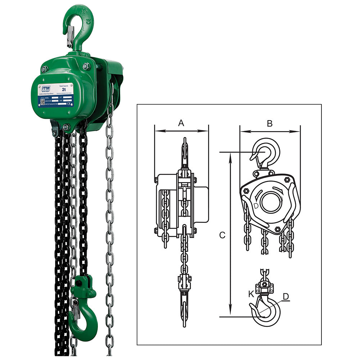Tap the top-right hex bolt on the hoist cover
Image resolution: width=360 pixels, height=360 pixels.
coord(86,66)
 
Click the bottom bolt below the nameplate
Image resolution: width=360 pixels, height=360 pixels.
coord(66,127)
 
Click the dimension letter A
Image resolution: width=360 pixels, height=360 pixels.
coord(181,123)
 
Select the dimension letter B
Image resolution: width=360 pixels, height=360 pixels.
coord(270,123)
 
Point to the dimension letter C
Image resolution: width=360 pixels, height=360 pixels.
coord(222,235)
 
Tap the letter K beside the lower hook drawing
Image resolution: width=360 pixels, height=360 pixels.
coord(251,294)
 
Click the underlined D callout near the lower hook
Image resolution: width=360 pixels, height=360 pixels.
coord(285,296)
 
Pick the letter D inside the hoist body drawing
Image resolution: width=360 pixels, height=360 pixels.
coord(256,206)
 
